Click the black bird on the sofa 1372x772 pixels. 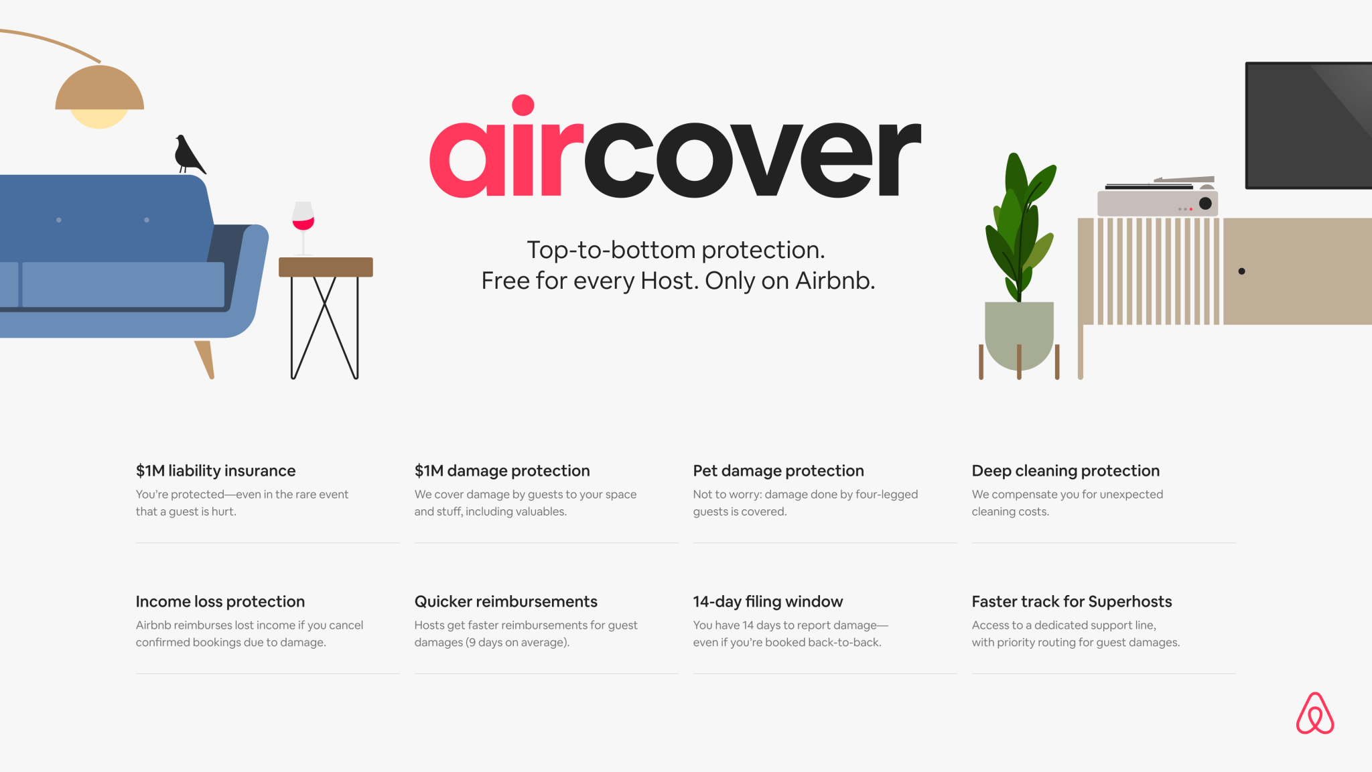188,155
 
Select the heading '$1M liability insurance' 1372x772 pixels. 216,471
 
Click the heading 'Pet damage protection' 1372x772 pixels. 778,471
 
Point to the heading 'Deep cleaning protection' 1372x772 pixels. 1065,471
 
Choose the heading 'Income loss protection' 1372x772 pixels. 220,602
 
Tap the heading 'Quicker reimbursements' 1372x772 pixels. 506,602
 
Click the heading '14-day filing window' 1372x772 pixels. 768,602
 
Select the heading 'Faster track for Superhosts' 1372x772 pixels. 1072,602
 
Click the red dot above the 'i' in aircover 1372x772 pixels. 523,105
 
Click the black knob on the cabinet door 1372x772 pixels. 1241,271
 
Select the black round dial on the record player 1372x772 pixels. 1205,203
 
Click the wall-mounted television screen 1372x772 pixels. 1308,125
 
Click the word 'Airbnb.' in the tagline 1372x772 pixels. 835,281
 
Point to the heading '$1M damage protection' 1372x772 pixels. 502,471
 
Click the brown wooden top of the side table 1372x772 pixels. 326,267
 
